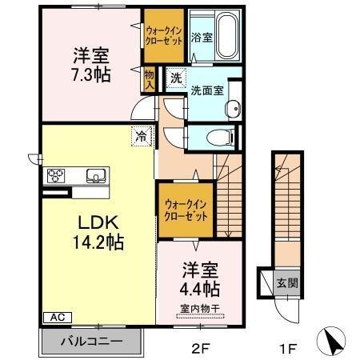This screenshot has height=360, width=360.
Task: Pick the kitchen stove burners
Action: (x=57, y=176)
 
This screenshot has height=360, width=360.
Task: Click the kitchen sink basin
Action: (x=95, y=176)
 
